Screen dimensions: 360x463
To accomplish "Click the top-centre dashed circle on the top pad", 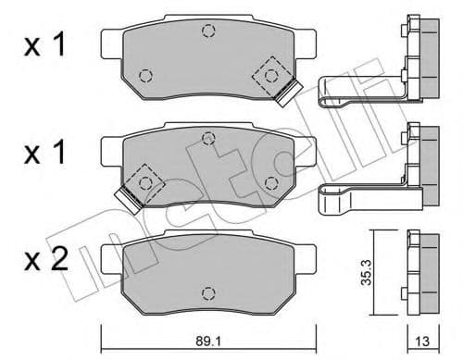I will [208, 31].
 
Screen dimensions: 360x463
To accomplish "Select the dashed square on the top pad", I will [274, 74].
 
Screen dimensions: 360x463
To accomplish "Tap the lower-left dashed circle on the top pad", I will [144, 75].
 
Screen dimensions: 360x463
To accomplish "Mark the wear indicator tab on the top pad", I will [290, 91].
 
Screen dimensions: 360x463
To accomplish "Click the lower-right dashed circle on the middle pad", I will [271, 180].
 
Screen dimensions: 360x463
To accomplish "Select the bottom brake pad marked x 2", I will [208, 268].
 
